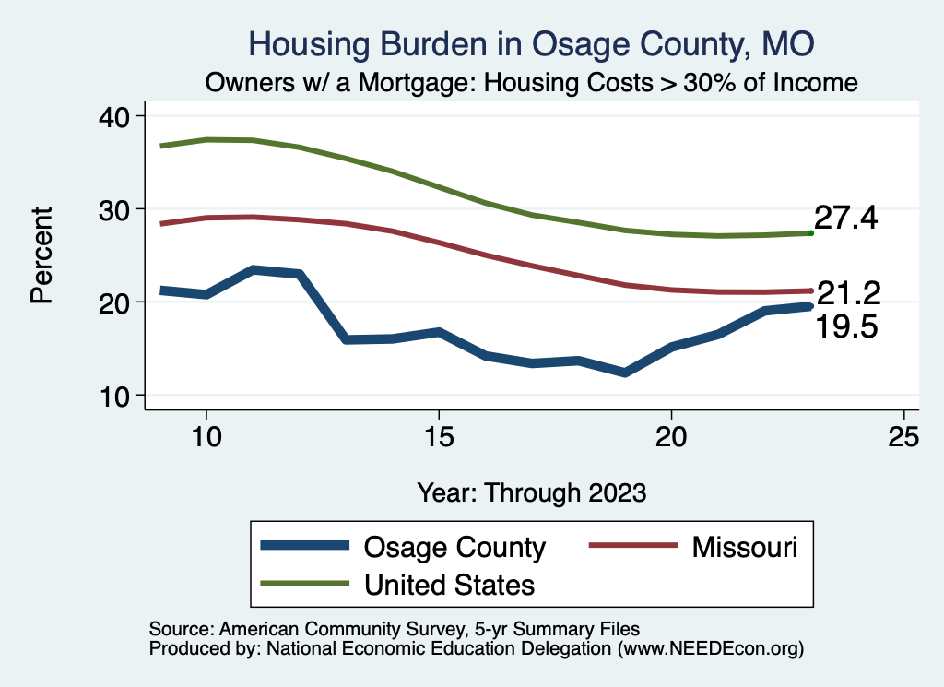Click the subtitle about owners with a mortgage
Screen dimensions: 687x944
[532, 83]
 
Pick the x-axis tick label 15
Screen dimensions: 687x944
[439, 437]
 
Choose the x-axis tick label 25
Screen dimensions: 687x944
[903, 437]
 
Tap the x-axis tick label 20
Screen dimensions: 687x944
[671, 437]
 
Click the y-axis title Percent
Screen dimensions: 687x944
[42, 255]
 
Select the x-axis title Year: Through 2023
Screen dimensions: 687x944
[532, 492]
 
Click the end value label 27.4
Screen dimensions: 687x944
[845, 219]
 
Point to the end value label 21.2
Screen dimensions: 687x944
[849, 294]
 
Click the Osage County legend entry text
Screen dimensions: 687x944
[455, 547]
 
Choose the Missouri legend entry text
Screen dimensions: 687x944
[744, 547]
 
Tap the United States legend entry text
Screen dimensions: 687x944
[449, 584]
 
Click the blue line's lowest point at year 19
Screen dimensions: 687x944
[625, 373]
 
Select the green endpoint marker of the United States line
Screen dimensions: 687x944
[810, 233]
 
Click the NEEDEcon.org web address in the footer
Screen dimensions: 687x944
[708, 649]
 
